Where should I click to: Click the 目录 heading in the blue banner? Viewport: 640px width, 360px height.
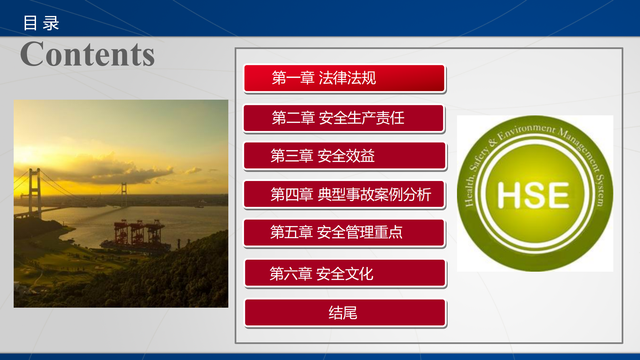click(41, 23)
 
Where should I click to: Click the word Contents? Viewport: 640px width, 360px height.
click(87, 54)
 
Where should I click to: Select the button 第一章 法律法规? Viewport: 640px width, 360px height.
click(344, 78)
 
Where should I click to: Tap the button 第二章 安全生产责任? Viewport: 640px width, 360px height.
click(344, 118)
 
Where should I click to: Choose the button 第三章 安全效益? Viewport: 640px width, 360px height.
click(345, 156)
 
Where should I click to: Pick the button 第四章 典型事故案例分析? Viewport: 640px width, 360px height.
click(344, 194)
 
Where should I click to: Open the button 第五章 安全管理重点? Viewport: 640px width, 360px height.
click(344, 232)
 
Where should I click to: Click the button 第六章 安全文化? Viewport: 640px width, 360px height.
click(345, 273)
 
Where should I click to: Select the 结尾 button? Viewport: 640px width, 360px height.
click(345, 313)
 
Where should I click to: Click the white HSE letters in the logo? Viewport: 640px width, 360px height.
click(533, 195)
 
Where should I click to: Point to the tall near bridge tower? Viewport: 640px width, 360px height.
click(35, 193)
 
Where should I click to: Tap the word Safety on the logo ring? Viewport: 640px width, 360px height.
click(479, 159)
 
